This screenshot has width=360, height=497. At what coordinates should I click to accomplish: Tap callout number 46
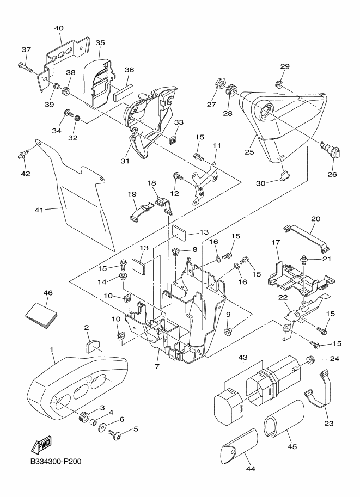click(48, 293)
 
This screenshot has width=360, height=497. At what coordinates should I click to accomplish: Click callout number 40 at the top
click(59, 28)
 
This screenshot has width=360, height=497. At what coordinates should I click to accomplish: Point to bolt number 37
click(26, 67)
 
